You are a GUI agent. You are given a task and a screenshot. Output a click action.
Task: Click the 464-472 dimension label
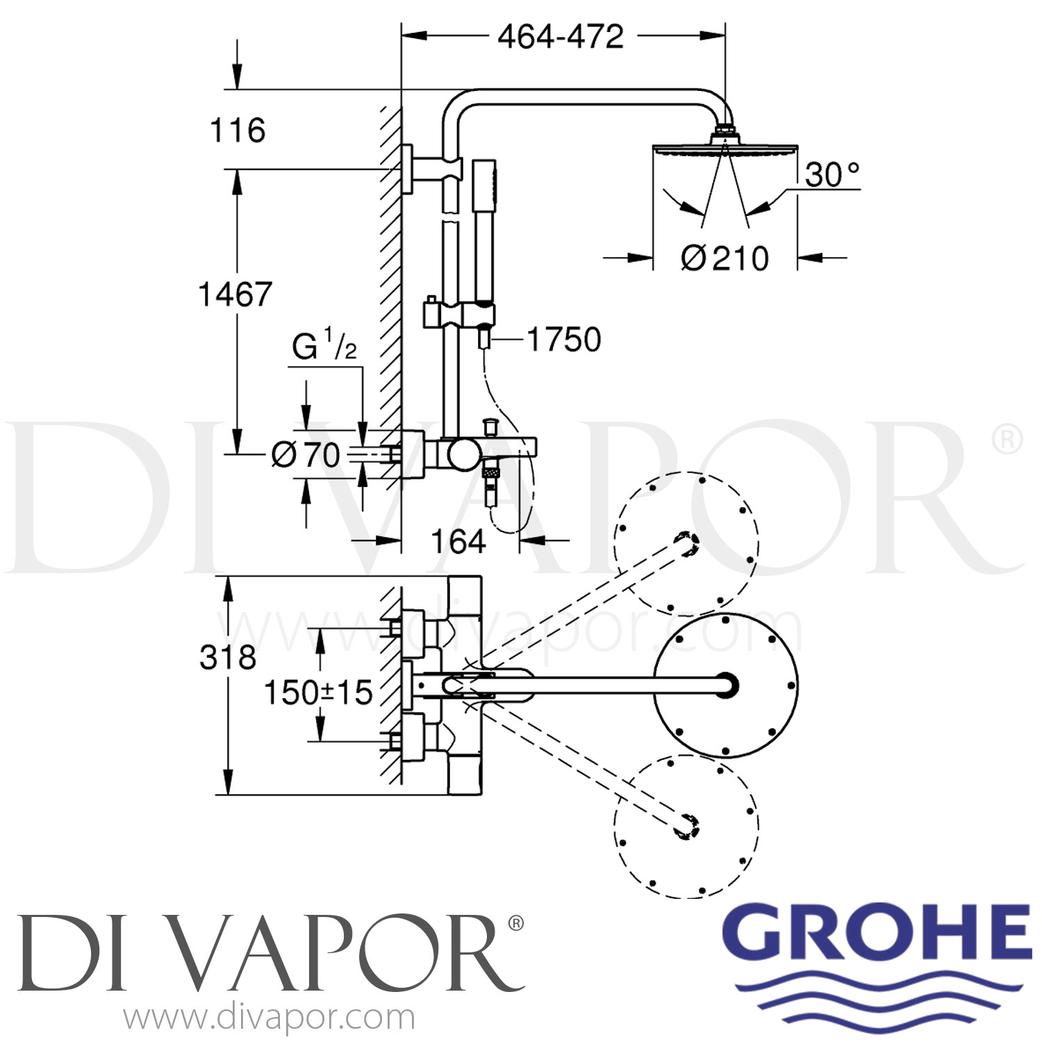561,37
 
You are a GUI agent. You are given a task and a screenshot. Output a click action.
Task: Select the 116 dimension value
238,131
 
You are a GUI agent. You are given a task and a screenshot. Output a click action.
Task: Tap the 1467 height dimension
235,295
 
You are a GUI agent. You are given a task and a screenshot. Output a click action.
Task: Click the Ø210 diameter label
725,258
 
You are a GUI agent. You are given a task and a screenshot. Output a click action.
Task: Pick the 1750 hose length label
564,340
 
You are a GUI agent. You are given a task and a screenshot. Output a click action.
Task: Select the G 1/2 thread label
324,347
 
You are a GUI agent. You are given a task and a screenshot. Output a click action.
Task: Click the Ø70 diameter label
306,455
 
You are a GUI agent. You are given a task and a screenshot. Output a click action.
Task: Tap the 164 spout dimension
458,541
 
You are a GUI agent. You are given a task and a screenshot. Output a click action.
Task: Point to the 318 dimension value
228,657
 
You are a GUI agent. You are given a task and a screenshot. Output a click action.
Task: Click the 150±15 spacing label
318,693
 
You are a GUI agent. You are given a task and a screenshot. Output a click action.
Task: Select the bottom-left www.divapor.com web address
270,1018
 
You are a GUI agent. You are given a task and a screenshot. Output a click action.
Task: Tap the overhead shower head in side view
725,148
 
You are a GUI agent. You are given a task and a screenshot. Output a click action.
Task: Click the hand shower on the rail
481,186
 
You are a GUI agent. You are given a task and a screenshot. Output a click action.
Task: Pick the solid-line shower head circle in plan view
726,685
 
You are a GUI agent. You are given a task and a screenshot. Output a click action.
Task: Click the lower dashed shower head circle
686,826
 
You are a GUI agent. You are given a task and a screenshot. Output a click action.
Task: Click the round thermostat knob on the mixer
462,454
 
